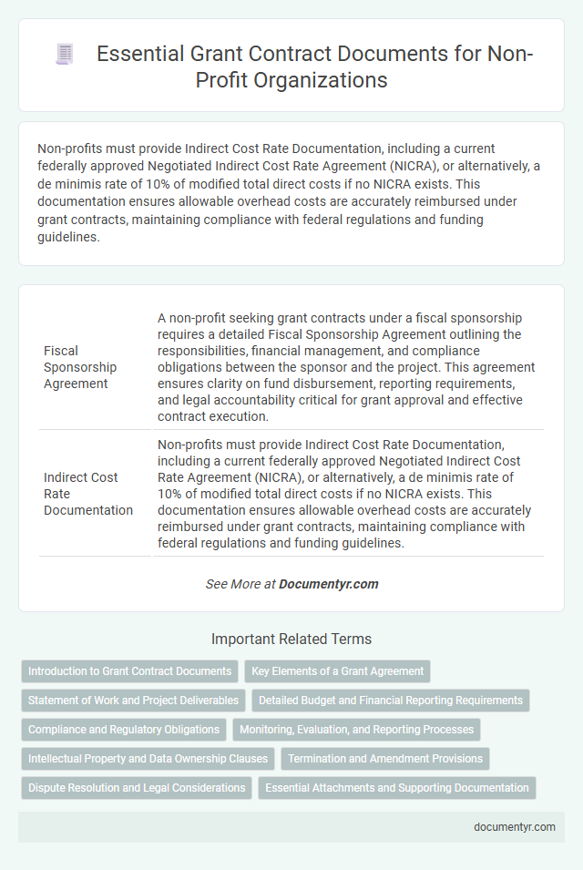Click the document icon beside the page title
[65, 55]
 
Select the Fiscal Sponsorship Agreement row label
[80, 367]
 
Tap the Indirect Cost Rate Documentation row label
[87, 493]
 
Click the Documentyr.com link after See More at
[329, 584]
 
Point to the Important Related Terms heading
[291, 640]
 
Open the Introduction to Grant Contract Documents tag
[129, 671]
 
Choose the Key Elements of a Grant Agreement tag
[337, 671]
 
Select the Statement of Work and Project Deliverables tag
[133, 701]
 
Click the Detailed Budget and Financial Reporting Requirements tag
[391, 701]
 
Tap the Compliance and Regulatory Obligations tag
[124, 730]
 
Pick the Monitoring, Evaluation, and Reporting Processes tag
[356, 730]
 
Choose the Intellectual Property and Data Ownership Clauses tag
[148, 759]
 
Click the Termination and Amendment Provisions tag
[385, 759]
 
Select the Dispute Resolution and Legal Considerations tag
[137, 788]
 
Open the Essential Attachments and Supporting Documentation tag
[397, 788]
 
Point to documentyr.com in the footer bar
[515, 827]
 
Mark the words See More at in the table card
[240, 584]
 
